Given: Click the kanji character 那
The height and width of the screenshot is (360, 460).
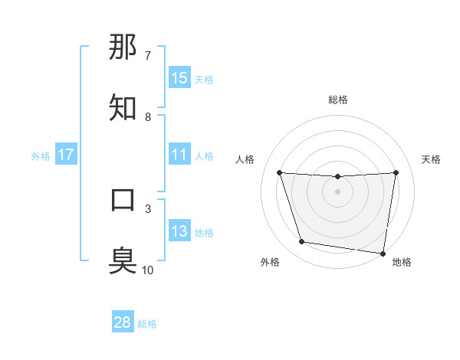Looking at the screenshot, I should point(123,47).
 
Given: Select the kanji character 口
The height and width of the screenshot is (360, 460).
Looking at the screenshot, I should point(123,200).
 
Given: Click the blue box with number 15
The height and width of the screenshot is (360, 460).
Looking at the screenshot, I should point(179,78).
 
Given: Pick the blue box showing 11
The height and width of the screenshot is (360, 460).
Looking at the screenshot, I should point(179,155).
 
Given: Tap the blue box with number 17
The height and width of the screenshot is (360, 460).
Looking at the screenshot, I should point(66,155).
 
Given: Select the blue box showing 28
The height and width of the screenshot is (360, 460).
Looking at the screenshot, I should point(123,322).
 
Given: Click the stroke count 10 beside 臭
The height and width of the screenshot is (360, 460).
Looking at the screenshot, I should point(148,270).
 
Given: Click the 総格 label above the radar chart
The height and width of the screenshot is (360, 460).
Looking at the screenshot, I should point(338,100).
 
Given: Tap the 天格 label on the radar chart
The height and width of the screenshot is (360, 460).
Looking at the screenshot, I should point(431,159).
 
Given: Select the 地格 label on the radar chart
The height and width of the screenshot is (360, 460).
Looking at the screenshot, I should point(402,263).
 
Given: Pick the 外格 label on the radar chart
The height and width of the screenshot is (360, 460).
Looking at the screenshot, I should point(270,263).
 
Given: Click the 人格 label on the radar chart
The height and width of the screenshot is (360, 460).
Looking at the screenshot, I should point(245,159).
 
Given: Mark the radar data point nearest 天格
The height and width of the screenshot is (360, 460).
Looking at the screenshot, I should point(396,173).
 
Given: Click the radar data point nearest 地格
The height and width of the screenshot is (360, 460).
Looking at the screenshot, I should point(383,253).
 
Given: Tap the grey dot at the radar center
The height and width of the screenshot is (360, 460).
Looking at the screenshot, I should point(337,191).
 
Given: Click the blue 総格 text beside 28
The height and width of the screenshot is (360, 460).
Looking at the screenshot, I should point(147,324).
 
